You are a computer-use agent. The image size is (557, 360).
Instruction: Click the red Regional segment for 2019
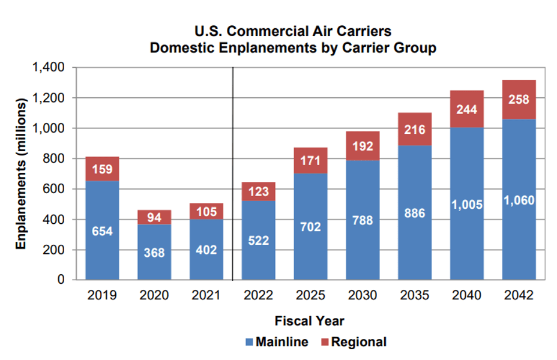[102, 169]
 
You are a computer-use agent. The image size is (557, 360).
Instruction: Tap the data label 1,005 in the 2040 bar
[466, 205]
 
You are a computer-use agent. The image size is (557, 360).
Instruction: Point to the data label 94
[154, 217]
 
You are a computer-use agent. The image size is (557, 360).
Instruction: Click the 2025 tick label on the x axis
[310, 295]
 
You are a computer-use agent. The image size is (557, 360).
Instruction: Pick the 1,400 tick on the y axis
[48, 67]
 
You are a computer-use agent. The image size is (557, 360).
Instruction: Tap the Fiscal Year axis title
[309, 321]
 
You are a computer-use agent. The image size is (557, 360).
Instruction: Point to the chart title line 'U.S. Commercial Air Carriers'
[293, 31]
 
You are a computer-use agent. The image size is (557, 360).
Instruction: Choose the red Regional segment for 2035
[415, 129]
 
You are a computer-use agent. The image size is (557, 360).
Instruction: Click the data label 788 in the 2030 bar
[363, 221]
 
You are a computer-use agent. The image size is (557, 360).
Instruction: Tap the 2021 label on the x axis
[206, 295]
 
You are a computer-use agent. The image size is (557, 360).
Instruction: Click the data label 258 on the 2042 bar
[519, 100]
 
